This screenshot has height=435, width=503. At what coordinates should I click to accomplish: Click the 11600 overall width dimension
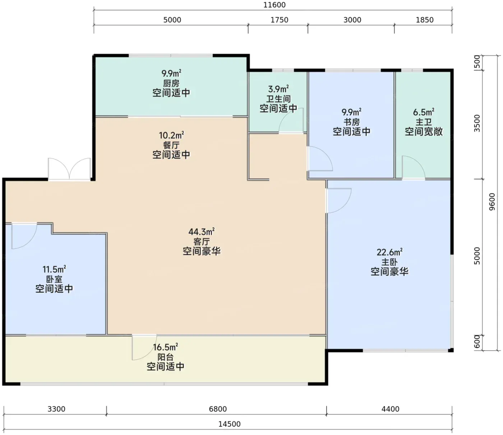(274, 5)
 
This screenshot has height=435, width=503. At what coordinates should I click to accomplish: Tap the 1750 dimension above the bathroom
(280, 20)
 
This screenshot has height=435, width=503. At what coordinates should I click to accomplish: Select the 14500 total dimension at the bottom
(229, 424)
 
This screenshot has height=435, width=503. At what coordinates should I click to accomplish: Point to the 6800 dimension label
(218, 409)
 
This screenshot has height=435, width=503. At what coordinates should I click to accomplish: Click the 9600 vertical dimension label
(492, 202)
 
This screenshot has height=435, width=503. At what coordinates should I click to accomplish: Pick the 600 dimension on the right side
(477, 342)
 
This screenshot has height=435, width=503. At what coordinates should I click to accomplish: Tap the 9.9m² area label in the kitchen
(171, 73)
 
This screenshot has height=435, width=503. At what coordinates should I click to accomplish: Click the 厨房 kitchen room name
(171, 83)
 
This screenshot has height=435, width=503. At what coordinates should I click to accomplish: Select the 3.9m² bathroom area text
(278, 89)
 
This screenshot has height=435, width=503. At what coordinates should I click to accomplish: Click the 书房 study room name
(352, 122)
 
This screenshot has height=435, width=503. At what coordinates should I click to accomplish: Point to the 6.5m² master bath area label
(424, 112)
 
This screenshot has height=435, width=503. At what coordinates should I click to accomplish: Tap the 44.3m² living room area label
(202, 232)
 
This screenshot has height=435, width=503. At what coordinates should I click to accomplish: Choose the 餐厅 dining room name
(171, 145)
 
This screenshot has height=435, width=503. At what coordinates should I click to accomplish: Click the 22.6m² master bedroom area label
(389, 252)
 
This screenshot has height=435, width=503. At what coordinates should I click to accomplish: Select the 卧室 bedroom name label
(54, 279)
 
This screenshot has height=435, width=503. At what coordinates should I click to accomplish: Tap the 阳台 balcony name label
(166, 357)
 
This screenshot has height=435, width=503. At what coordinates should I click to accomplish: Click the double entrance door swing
(69, 169)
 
